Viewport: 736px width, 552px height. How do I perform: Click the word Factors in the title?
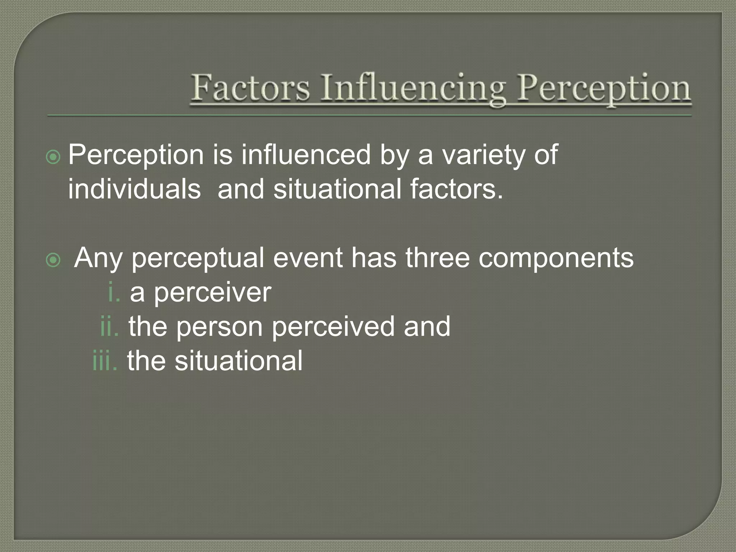(250, 88)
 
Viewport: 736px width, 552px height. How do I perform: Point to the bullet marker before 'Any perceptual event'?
(53, 260)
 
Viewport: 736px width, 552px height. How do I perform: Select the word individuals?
(134, 189)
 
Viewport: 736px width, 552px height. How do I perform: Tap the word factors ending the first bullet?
(456, 189)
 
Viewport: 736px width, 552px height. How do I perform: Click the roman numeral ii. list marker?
(109, 326)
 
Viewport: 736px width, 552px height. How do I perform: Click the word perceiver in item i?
(212, 292)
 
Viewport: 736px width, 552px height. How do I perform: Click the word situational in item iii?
(239, 360)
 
